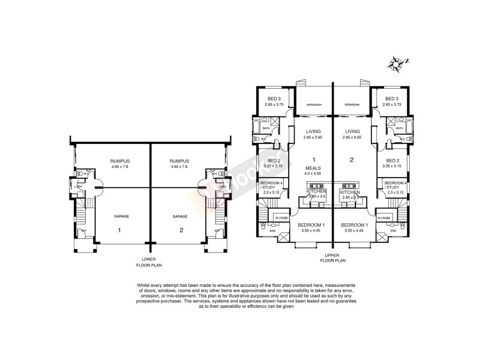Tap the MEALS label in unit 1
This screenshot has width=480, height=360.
tap(314, 168)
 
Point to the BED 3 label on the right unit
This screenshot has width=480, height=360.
tap(392, 98)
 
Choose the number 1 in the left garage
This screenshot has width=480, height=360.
tap(119, 230)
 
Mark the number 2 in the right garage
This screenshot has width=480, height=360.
tap(180, 230)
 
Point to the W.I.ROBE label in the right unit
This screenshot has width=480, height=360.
tap(384, 217)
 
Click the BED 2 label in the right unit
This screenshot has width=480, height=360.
tap(392, 161)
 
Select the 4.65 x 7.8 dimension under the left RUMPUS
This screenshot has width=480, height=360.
tap(120, 167)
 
